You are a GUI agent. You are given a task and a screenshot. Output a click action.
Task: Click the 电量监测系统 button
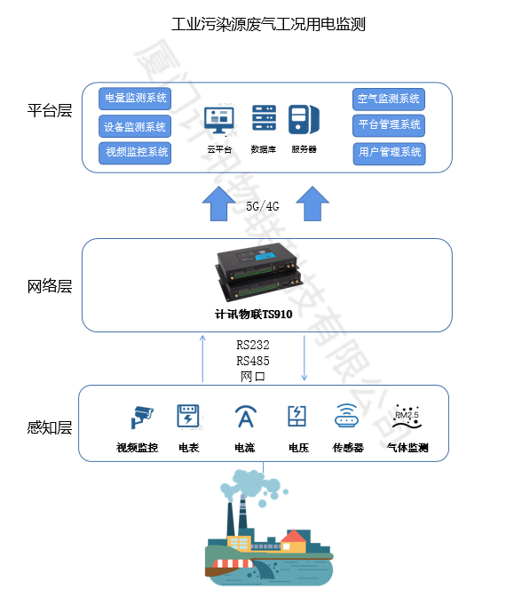(x=135, y=98)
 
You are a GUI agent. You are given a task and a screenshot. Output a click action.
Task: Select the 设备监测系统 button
(x=135, y=126)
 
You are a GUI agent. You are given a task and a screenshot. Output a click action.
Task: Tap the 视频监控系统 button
(x=135, y=152)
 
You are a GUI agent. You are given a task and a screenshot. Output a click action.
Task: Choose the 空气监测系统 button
(x=389, y=98)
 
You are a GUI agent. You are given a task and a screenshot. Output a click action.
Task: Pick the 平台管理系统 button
(x=389, y=124)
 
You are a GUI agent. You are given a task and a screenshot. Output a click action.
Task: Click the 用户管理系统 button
(x=389, y=152)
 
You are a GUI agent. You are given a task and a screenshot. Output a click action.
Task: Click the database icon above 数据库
(x=264, y=118)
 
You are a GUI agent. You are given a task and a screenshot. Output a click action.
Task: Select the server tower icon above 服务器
(x=304, y=118)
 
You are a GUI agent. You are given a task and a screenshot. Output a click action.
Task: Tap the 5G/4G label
(x=263, y=207)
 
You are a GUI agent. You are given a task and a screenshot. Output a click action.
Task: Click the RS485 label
(x=253, y=361)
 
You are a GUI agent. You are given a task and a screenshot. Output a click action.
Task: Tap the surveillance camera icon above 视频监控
(x=141, y=416)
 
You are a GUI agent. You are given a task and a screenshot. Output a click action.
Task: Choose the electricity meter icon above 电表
(x=187, y=416)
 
